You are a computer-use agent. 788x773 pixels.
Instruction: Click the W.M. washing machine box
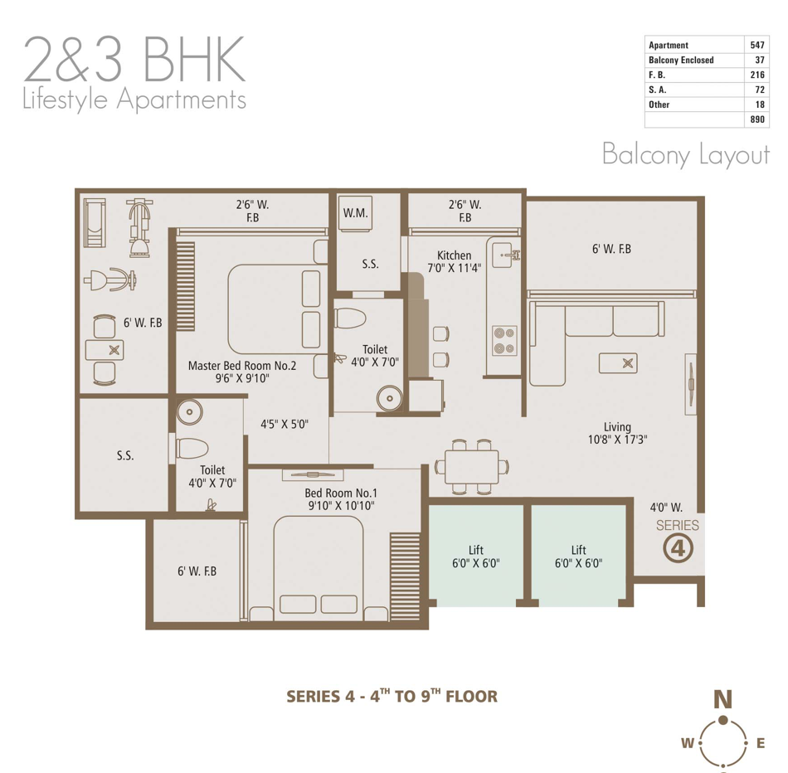355,213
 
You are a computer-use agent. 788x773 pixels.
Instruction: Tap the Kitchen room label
455,255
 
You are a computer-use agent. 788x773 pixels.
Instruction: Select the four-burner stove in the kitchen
504,340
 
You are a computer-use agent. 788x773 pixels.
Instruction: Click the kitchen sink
504,255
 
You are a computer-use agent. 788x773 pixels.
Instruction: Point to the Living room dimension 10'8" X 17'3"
618,440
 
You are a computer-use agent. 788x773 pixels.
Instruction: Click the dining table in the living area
471,467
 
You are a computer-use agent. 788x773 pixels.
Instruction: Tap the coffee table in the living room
618,363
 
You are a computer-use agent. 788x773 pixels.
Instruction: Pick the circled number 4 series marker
678,548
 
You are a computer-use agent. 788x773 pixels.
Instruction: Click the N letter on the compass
722,699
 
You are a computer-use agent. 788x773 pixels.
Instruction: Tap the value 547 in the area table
756,45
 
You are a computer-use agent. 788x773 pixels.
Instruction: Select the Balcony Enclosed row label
681,60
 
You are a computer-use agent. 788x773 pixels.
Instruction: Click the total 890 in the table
756,119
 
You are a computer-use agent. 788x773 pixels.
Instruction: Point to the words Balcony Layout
686,154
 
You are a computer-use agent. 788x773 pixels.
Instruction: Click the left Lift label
476,550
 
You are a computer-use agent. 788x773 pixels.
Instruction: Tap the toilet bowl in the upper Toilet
350,318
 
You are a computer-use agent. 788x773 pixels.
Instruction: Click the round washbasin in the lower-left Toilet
189,412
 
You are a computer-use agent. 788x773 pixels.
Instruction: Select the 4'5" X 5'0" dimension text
285,424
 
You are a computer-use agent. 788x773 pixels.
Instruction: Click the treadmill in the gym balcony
95,222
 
